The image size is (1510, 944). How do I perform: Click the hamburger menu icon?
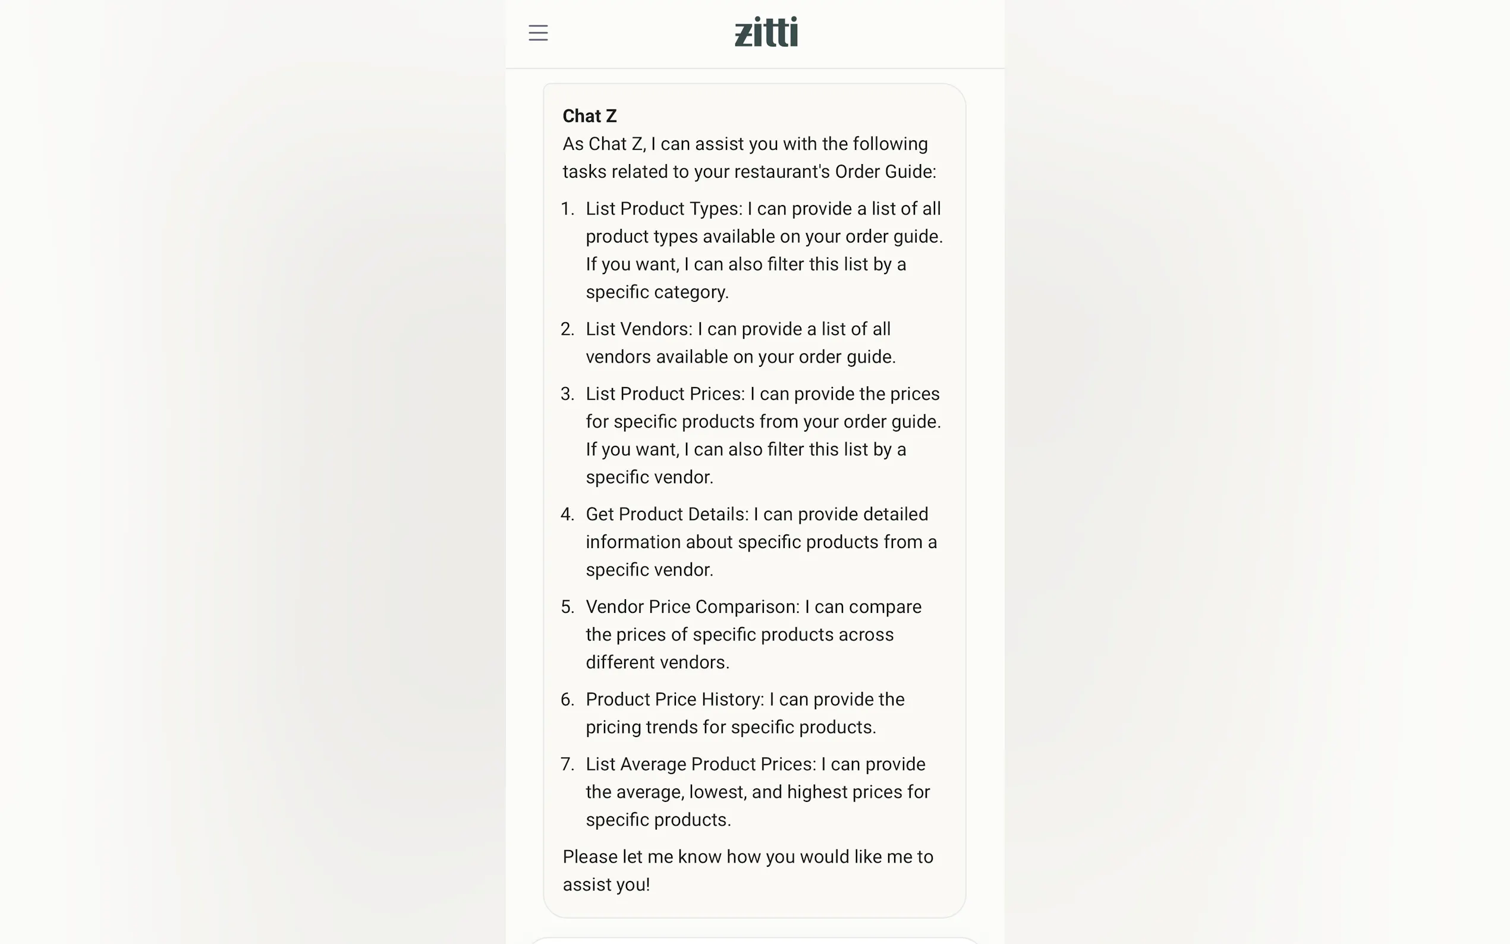click(x=537, y=33)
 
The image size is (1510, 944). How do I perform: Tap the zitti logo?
click(x=766, y=32)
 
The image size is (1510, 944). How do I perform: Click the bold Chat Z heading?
click(x=589, y=116)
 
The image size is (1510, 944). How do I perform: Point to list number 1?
click(x=567, y=209)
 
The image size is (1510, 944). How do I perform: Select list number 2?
click(x=567, y=329)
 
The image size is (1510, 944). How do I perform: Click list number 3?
click(x=567, y=394)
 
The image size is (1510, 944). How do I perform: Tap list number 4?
click(x=567, y=514)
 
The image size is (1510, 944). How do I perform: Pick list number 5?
click(x=567, y=607)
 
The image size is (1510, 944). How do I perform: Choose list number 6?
click(x=567, y=699)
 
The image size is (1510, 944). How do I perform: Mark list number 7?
click(x=567, y=764)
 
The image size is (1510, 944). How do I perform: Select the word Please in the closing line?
click(x=590, y=857)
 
